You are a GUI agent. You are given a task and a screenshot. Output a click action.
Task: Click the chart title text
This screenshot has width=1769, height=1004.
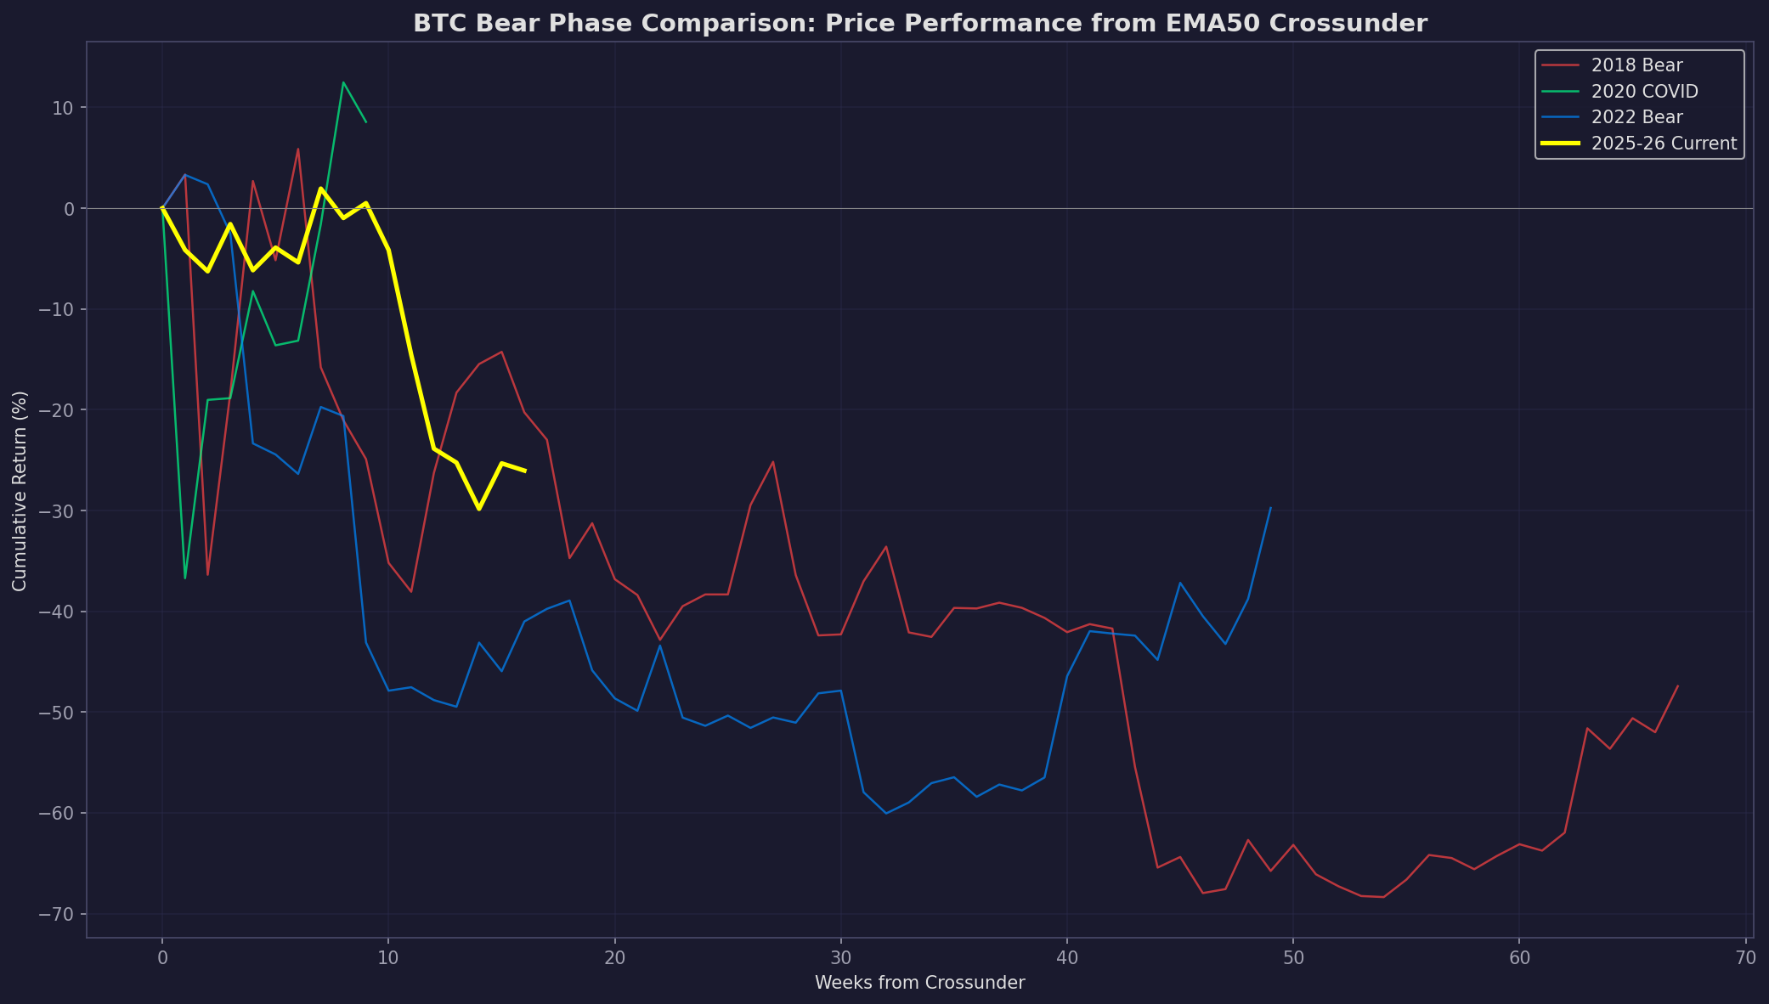point(919,24)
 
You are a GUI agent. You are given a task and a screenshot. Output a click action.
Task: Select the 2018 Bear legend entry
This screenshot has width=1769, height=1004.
point(1636,65)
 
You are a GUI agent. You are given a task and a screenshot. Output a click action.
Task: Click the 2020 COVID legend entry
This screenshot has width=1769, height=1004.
point(1643,92)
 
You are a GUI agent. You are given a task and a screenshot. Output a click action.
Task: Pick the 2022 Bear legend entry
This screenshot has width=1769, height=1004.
point(1636,117)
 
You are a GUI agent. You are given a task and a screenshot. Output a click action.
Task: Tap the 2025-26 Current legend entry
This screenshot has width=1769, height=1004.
point(1664,144)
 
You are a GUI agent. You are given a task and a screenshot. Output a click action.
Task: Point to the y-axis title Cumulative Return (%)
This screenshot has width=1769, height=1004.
point(20,491)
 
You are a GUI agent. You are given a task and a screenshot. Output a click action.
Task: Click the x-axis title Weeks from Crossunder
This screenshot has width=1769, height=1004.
point(919,984)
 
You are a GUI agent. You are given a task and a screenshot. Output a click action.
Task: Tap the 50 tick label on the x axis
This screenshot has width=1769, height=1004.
point(1292,958)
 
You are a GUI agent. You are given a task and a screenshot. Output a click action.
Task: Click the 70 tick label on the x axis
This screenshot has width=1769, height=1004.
point(1744,958)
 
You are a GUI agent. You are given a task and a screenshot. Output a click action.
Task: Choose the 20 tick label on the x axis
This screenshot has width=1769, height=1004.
point(614,958)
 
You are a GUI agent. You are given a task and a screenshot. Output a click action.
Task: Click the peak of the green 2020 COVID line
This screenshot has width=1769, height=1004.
point(343,82)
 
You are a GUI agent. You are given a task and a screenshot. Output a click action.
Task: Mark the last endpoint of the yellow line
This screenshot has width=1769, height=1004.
point(524,471)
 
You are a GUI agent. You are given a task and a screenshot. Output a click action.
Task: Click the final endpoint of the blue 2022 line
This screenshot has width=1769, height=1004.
point(1270,508)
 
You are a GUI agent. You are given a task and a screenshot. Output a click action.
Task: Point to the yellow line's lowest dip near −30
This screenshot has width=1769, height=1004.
point(479,509)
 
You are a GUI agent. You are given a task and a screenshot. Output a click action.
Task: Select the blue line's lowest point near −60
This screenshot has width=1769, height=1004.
point(886,813)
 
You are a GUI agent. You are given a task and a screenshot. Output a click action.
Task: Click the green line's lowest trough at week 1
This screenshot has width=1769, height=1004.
point(185,578)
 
